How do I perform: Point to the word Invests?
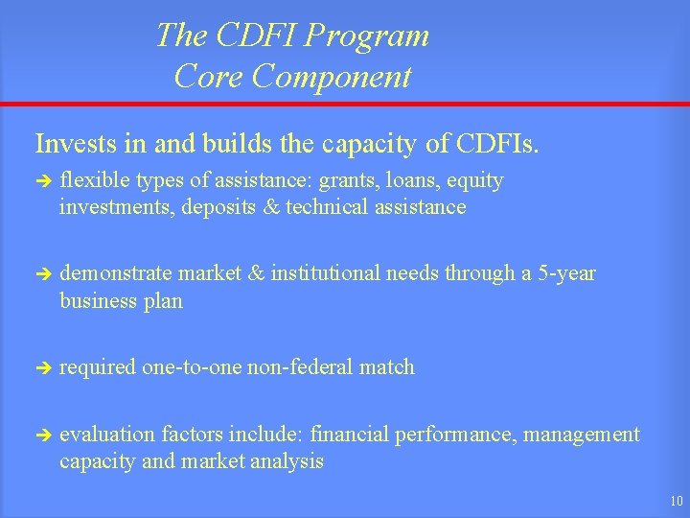click(x=72, y=144)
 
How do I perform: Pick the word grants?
click(x=348, y=181)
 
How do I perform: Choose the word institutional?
click(x=326, y=274)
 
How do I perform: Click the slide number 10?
click(x=676, y=500)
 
